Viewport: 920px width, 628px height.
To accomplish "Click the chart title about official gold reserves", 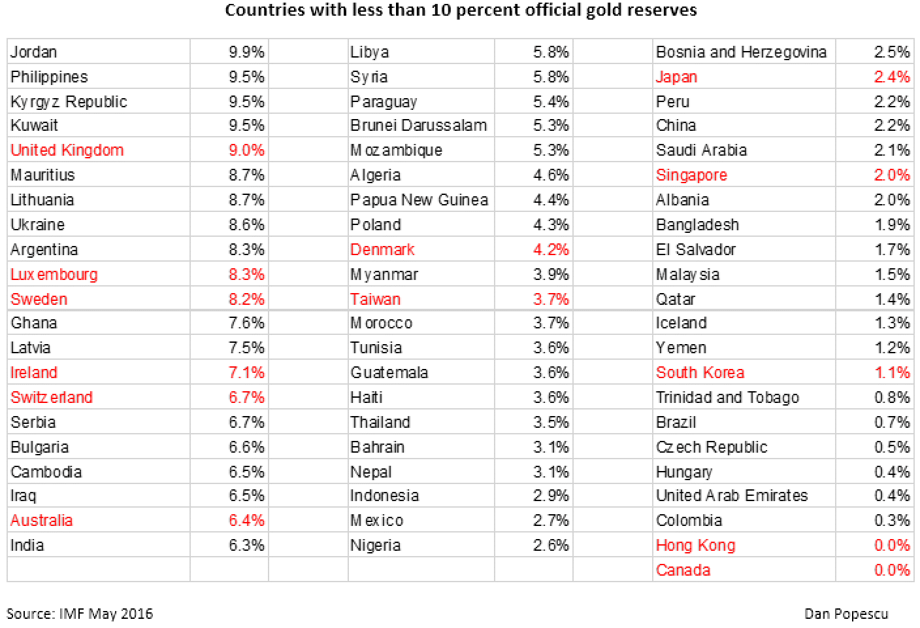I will click(x=461, y=10).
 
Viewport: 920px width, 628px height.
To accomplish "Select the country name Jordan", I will click(x=34, y=52).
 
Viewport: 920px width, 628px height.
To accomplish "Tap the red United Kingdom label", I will click(x=67, y=150).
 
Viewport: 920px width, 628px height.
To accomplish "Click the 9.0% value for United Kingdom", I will click(x=246, y=150).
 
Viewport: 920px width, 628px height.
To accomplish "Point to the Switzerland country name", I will click(x=52, y=397).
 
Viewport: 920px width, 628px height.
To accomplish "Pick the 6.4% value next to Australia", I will click(x=246, y=520).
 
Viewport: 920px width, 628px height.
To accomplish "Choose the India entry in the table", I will click(x=27, y=545).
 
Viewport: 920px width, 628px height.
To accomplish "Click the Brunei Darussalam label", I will click(x=418, y=125).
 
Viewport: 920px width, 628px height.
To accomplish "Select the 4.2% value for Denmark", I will click(x=551, y=249).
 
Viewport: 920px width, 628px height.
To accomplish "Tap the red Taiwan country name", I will click(x=375, y=299).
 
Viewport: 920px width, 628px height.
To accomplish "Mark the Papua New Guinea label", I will click(x=419, y=200).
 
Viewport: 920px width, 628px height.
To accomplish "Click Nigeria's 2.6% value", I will click(x=551, y=545).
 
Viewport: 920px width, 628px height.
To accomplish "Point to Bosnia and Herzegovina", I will click(x=741, y=52).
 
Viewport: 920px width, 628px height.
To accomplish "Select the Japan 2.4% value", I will click(x=892, y=77).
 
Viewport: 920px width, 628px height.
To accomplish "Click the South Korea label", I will click(x=700, y=372).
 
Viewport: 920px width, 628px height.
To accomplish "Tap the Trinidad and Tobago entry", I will click(x=727, y=397).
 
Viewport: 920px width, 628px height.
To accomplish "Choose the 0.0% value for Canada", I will click(x=892, y=570).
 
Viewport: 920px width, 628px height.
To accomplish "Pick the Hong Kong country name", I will click(x=695, y=545).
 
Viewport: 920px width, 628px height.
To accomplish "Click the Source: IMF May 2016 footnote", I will click(x=80, y=614).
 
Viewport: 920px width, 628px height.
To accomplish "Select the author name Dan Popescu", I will click(x=846, y=614).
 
